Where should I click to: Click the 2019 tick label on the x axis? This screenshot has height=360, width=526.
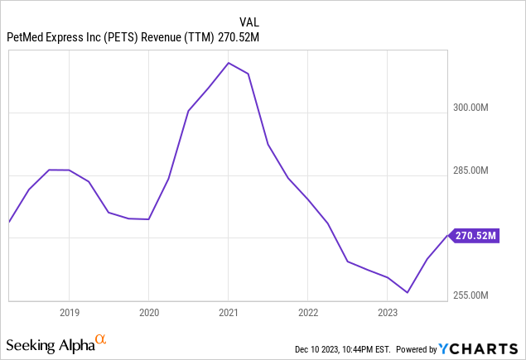(x=69, y=313)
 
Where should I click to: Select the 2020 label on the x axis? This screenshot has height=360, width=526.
(x=148, y=313)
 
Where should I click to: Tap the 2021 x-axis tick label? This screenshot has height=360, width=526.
(x=229, y=313)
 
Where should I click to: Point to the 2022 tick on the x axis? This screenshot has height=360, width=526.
(x=308, y=313)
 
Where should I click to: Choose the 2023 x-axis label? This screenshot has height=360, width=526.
(x=388, y=313)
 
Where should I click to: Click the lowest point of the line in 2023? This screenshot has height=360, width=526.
(x=408, y=292)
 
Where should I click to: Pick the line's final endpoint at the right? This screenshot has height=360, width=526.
(x=448, y=236)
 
